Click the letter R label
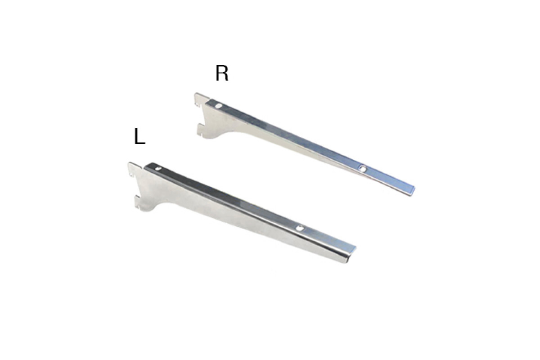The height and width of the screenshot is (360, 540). click(222, 73)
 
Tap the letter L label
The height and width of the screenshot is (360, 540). click(139, 136)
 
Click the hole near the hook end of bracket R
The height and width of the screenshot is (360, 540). click(219, 106)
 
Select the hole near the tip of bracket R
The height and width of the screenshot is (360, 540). click(362, 169)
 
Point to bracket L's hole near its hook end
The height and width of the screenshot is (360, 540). click(157, 169)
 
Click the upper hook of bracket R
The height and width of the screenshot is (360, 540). click(201, 99)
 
